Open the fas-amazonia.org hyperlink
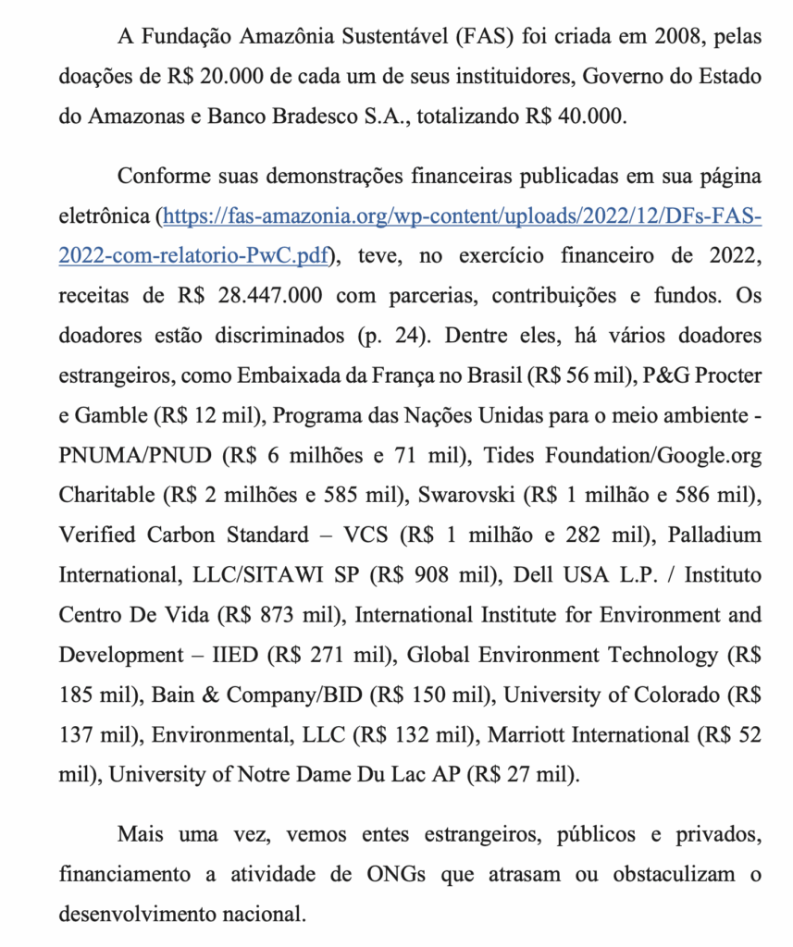coord(462,215)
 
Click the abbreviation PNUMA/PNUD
coord(136,455)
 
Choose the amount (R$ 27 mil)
coord(524,774)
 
